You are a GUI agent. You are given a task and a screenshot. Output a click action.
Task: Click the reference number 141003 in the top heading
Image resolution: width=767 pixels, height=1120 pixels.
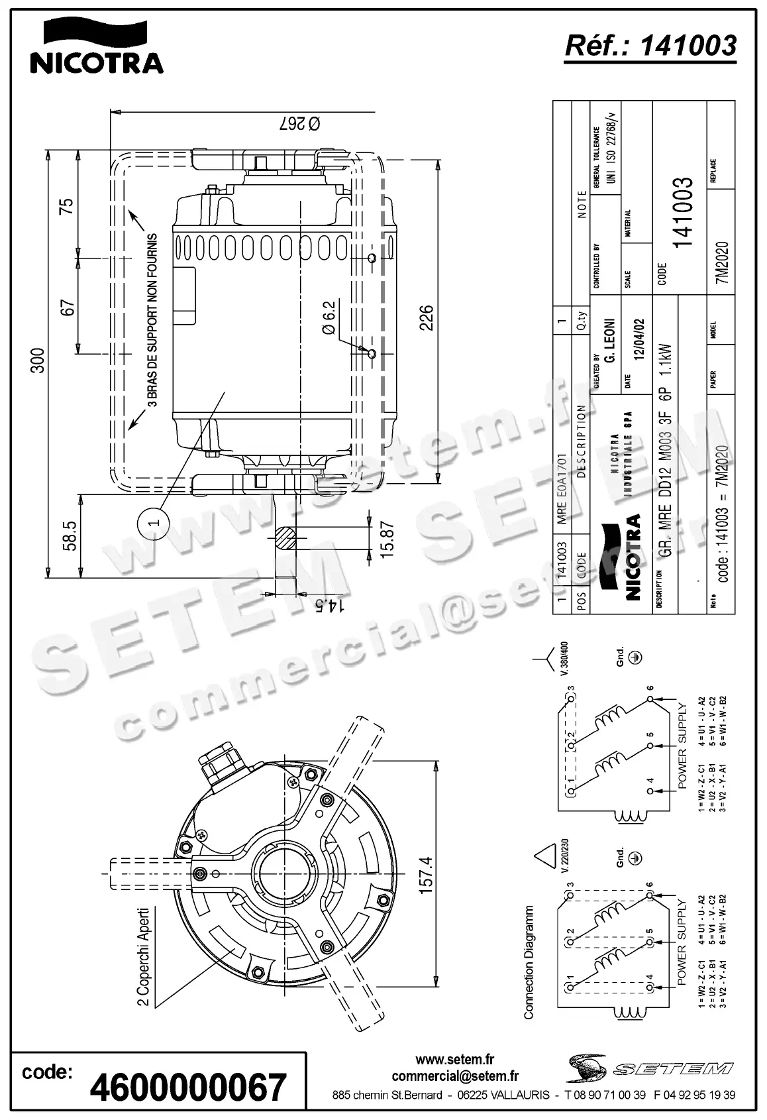(679, 45)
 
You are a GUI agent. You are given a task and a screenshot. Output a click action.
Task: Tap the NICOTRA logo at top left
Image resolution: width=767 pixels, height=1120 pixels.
(97, 46)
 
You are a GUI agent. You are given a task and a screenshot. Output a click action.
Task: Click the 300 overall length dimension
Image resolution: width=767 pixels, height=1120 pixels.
(38, 360)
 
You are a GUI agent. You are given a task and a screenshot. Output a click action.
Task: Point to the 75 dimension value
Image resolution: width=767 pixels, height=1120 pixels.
(67, 206)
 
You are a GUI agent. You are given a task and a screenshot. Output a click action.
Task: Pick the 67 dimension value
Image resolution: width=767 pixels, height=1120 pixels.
(67, 308)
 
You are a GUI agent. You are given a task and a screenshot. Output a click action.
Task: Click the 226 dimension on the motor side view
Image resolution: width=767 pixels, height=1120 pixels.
(426, 317)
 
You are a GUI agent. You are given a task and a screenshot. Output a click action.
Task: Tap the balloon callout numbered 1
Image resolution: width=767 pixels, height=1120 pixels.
(152, 523)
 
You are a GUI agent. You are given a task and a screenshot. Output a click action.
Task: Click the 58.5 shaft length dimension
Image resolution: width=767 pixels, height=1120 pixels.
(69, 535)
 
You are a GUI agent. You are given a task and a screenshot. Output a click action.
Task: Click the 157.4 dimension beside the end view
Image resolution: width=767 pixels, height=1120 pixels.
(426, 875)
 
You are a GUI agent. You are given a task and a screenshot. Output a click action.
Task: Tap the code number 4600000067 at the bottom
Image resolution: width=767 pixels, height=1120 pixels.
(188, 1088)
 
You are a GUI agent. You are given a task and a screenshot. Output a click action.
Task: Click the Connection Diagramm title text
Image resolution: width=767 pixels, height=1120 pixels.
(529, 962)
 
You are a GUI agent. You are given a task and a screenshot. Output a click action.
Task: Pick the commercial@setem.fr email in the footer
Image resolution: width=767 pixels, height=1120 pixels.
(454, 1076)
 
